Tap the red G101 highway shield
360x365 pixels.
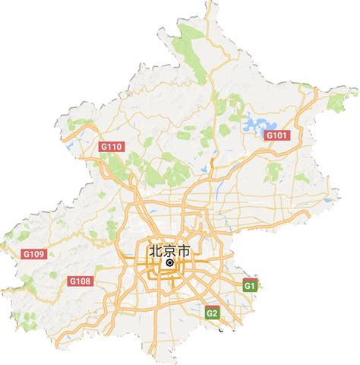click(x=278, y=135)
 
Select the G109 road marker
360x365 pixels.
click(x=15, y=253)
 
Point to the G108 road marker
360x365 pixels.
click(x=81, y=281)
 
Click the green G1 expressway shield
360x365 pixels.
click(x=250, y=285)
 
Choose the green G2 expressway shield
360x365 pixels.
click(x=213, y=312)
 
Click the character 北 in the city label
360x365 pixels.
click(x=154, y=250)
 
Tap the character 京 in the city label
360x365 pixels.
click(x=170, y=250)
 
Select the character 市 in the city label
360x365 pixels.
click(x=186, y=250)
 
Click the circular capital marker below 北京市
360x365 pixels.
click(x=170, y=264)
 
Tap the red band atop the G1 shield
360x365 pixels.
click(x=250, y=281)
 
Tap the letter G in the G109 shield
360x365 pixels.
click(x=8, y=253)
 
